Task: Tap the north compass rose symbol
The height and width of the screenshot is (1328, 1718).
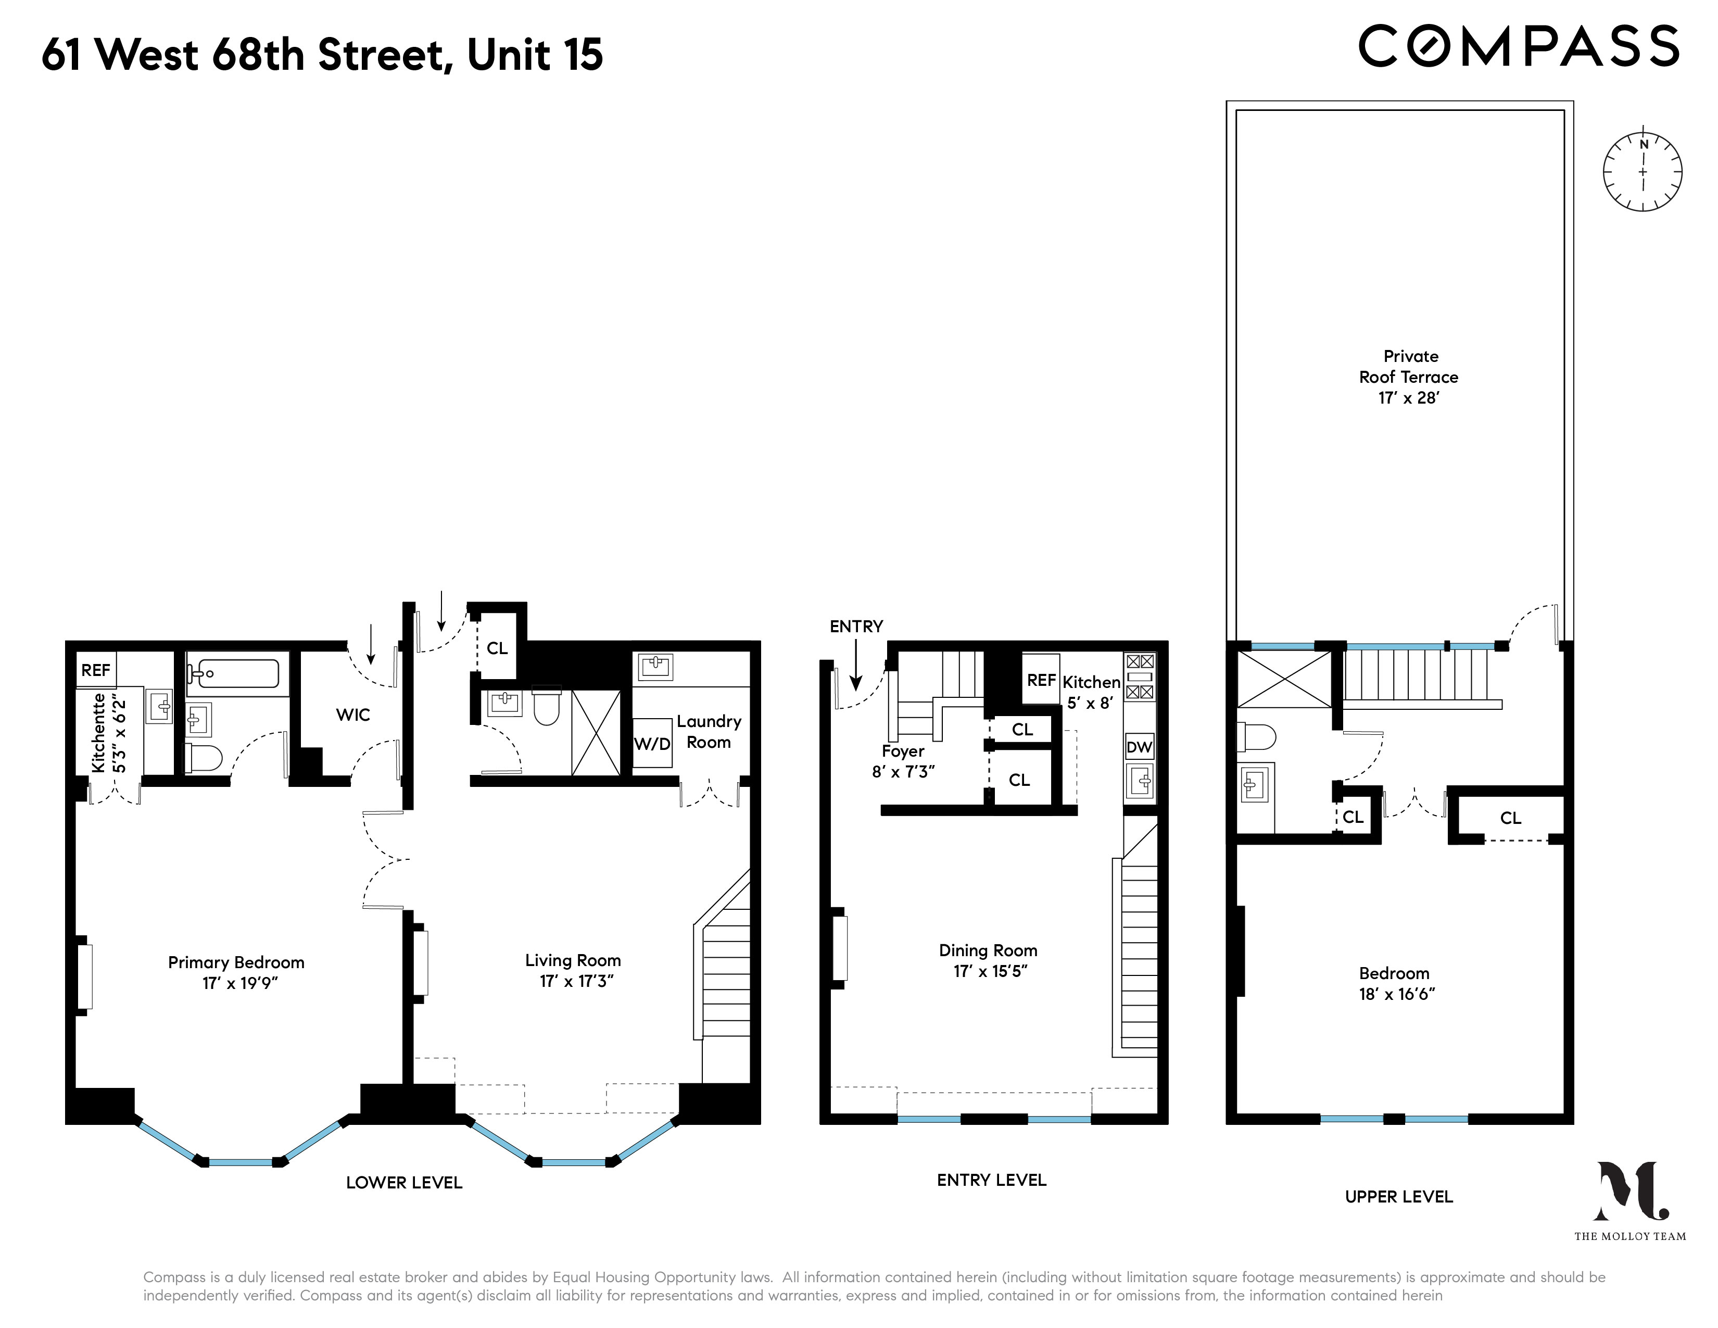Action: click(x=1643, y=171)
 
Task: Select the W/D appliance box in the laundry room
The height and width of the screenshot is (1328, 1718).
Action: click(x=652, y=744)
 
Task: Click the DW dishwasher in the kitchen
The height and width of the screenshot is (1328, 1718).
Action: click(x=1139, y=747)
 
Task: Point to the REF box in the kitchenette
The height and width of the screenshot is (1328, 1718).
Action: click(x=96, y=670)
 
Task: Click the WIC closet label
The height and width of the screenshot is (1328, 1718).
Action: click(x=352, y=715)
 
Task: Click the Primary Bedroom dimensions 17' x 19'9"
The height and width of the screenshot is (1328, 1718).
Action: click(x=240, y=983)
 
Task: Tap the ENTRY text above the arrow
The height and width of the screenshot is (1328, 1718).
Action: click(x=856, y=626)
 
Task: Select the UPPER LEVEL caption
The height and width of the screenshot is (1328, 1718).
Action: click(x=1399, y=1197)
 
